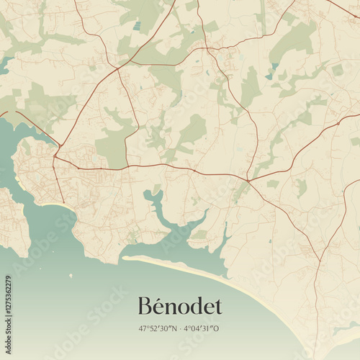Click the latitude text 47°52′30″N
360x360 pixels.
tap(159, 328)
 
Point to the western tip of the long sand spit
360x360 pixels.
tap(125, 257)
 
